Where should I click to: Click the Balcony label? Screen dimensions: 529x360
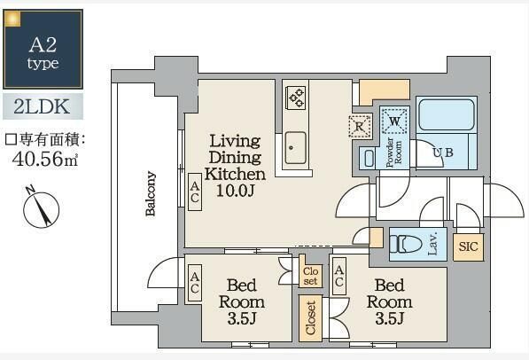151,193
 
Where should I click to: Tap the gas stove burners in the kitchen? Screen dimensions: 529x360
296,98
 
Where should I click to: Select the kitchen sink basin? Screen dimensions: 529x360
295,148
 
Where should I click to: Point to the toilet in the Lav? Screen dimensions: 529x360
406,244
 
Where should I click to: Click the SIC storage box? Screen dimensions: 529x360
468,247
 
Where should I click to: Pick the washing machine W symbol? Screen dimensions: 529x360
394,121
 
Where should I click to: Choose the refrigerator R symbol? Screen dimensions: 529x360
359,127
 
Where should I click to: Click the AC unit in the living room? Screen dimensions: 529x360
195,192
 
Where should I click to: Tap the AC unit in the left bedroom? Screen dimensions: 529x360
195,282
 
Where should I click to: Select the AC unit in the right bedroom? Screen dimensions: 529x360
339,276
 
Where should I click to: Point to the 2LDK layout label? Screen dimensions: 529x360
43,106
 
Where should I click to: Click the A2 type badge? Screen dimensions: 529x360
43,49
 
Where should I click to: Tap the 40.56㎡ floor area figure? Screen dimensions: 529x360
45,159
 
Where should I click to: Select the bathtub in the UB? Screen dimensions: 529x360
446,114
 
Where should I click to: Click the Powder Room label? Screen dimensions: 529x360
394,153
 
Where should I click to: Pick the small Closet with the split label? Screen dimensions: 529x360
310,275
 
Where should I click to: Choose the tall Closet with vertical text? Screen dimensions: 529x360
310,317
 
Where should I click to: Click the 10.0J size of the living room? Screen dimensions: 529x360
235,191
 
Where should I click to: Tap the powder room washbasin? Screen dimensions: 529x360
370,158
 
